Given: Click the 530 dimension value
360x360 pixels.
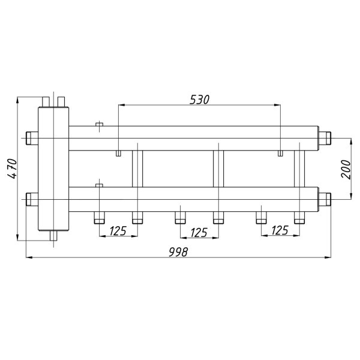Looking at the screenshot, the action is click(199, 100).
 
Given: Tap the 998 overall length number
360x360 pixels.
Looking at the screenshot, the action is click(178, 252).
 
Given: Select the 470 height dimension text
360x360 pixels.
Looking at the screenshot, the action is click(12, 169).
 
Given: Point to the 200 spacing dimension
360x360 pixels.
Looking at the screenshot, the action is click(346, 169).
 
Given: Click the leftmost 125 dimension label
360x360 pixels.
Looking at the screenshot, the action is click(118, 231).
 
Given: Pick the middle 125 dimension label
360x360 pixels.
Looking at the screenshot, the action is click(199, 232).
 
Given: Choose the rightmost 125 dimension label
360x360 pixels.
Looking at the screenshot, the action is click(280, 230).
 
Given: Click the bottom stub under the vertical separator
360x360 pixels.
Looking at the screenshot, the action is click(53, 236).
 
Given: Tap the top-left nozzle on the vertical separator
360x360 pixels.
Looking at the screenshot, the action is click(46, 102).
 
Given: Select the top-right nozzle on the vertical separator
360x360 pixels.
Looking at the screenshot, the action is click(61, 102).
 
